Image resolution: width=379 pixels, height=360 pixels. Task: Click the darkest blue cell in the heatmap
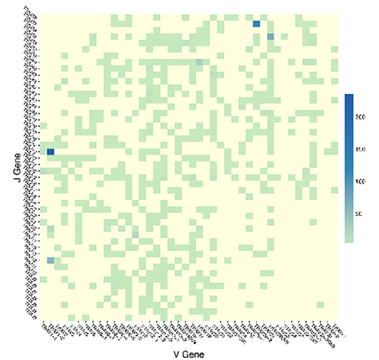(x=50, y=152)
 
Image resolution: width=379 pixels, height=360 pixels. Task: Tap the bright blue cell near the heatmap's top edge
(x=256, y=24)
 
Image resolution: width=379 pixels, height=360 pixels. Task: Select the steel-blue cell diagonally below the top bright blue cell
(x=271, y=37)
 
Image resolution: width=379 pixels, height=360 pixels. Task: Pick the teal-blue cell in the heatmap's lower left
(x=50, y=260)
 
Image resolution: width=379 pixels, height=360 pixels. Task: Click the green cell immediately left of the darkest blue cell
(x=43, y=152)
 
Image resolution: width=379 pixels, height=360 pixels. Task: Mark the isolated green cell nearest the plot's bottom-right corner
(x=320, y=305)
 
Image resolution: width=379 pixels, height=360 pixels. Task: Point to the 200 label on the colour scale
(x=361, y=117)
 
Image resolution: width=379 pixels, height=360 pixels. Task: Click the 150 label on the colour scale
(x=361, y=150)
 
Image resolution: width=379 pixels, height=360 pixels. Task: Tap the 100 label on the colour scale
(x=361, y=182)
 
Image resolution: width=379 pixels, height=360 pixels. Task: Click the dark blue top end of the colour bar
(x=348, y=97)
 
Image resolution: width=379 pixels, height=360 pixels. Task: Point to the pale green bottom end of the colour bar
(x=348, y=238)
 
